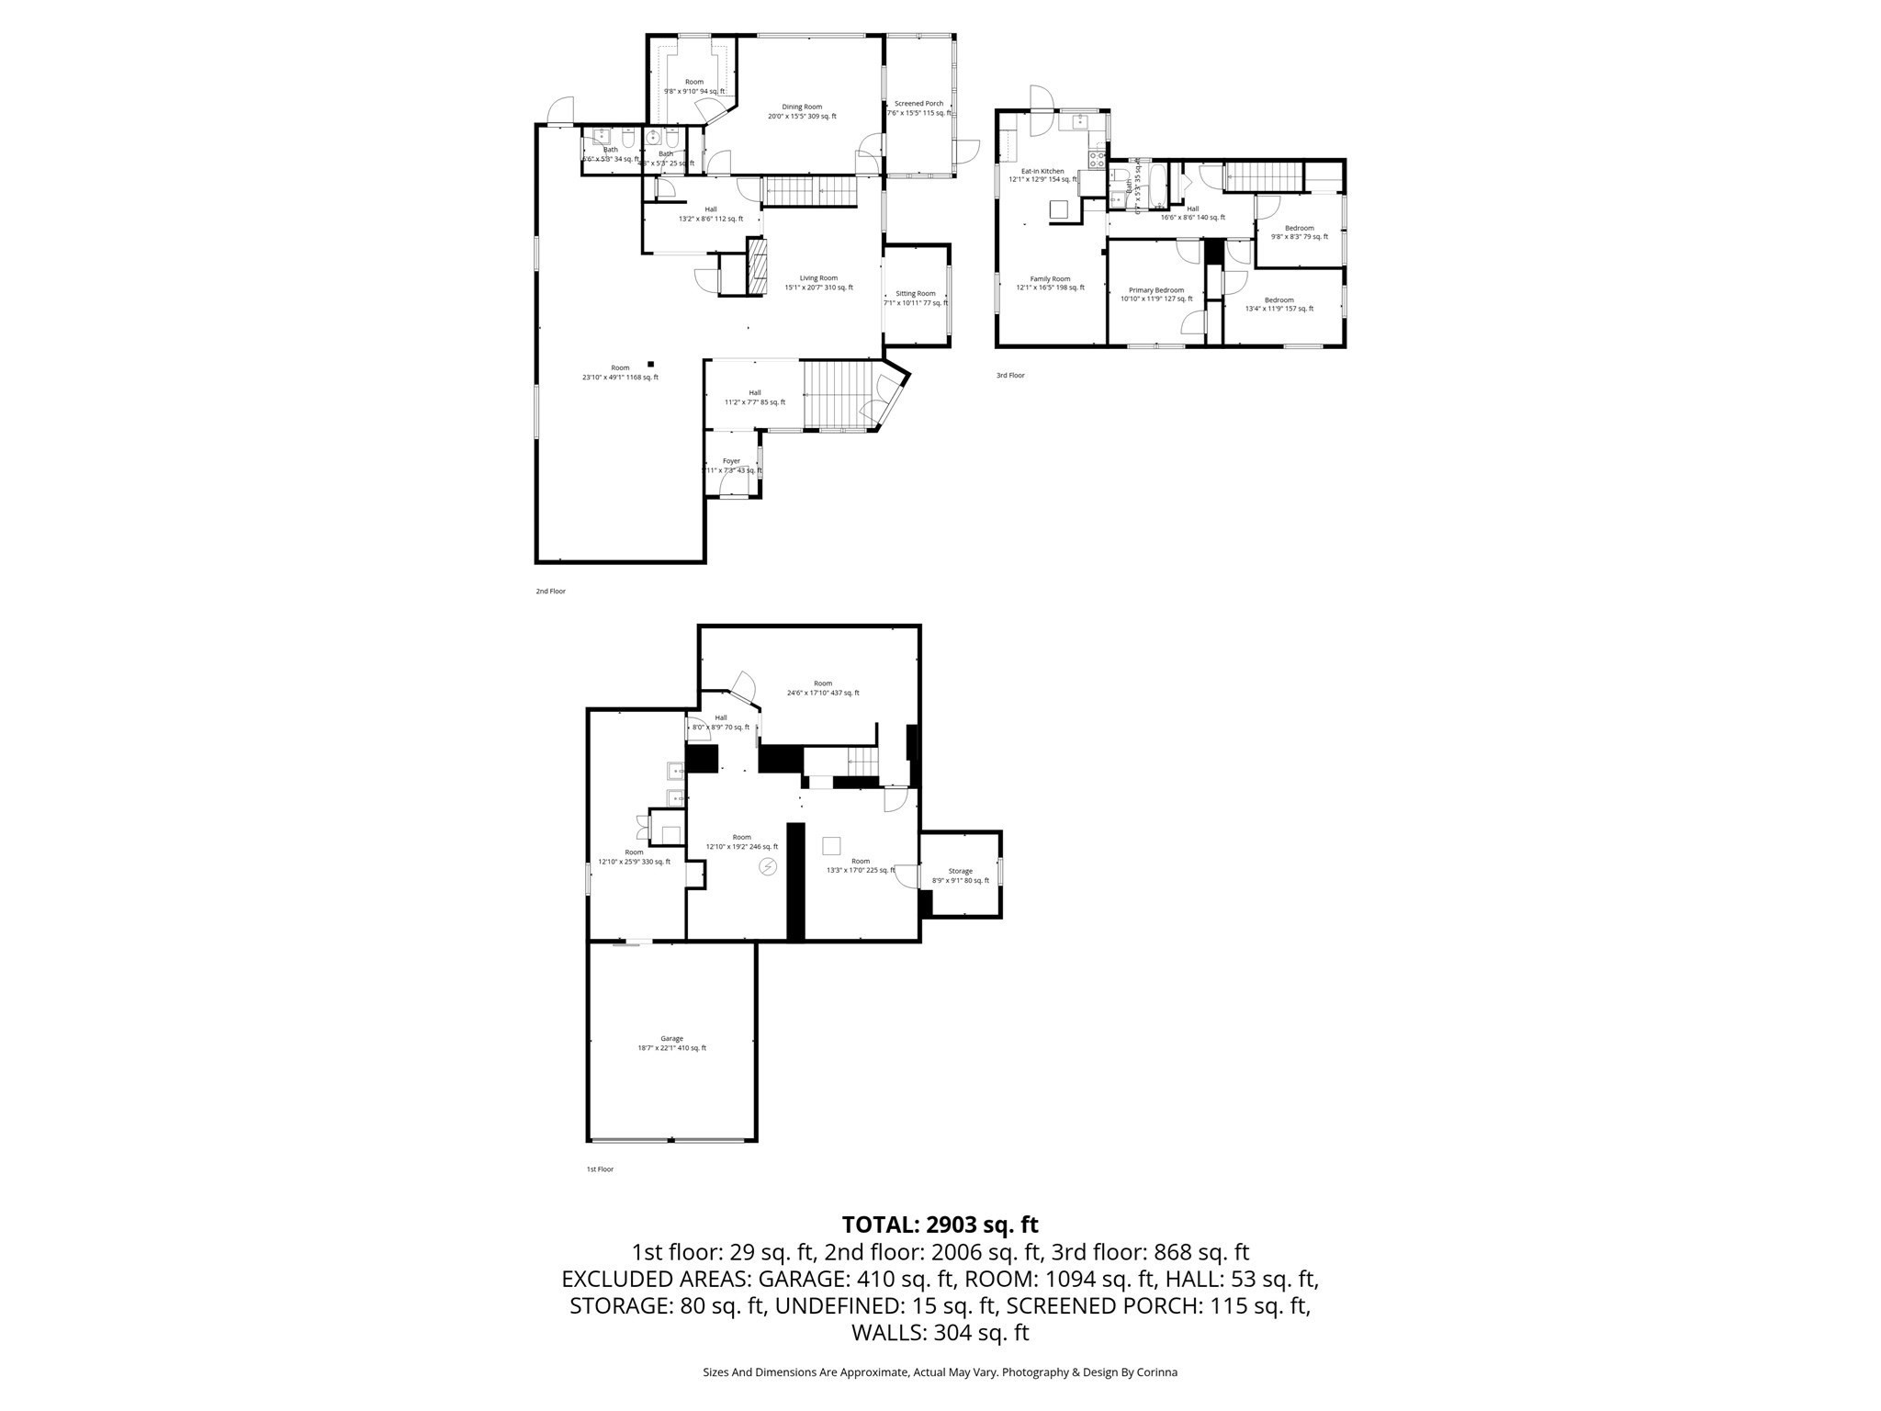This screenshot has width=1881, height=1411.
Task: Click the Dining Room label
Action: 802,107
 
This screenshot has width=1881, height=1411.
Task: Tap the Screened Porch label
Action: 919,104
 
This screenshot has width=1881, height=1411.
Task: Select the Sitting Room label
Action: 916,294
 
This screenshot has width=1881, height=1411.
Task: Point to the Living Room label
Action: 818,278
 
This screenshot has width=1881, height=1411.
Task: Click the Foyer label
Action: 731,461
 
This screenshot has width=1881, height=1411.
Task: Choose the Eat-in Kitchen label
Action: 1042,171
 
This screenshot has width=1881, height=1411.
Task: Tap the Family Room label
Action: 1050,279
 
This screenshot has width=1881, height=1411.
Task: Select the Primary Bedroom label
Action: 1156,290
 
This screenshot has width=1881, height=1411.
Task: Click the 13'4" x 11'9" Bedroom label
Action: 1278,300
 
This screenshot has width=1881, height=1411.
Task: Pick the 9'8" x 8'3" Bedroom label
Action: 1299,228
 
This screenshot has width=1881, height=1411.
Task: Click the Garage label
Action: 671,1039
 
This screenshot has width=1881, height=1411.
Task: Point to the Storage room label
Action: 961,871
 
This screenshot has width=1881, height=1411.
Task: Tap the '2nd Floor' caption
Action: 551,592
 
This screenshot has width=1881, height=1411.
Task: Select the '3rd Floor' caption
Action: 1010,376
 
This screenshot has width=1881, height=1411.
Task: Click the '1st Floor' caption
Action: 600,1169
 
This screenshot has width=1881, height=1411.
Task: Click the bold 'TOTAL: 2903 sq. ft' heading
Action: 940,1225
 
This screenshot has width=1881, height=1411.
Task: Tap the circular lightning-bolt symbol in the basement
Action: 768,866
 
